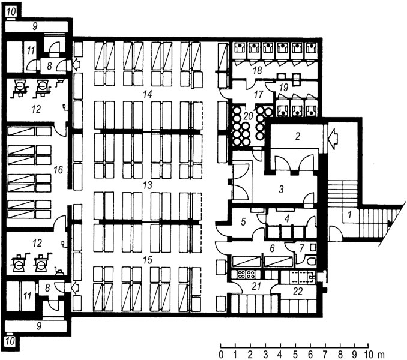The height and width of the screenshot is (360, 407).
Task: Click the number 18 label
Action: coord(257,71)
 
